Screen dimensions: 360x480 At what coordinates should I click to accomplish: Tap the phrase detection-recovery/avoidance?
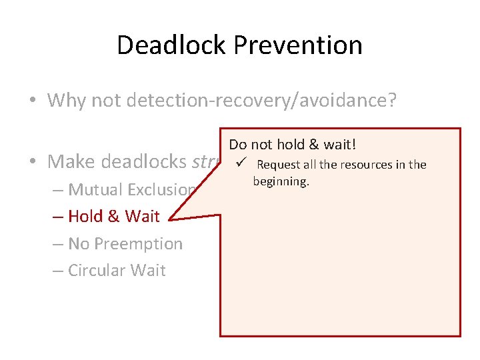[x=264, y=101]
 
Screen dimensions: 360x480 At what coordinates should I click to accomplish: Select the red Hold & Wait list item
[x=114, y=216]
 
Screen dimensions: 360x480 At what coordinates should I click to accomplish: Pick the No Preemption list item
[x=125, y=243]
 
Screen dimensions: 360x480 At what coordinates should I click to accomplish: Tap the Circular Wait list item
[x=117, y=270]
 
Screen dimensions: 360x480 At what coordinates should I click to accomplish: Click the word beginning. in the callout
[x=281, y=181]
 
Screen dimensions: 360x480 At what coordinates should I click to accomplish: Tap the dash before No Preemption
[x=57, y=244]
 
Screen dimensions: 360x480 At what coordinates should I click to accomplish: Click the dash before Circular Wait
[x=57, y=271]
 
